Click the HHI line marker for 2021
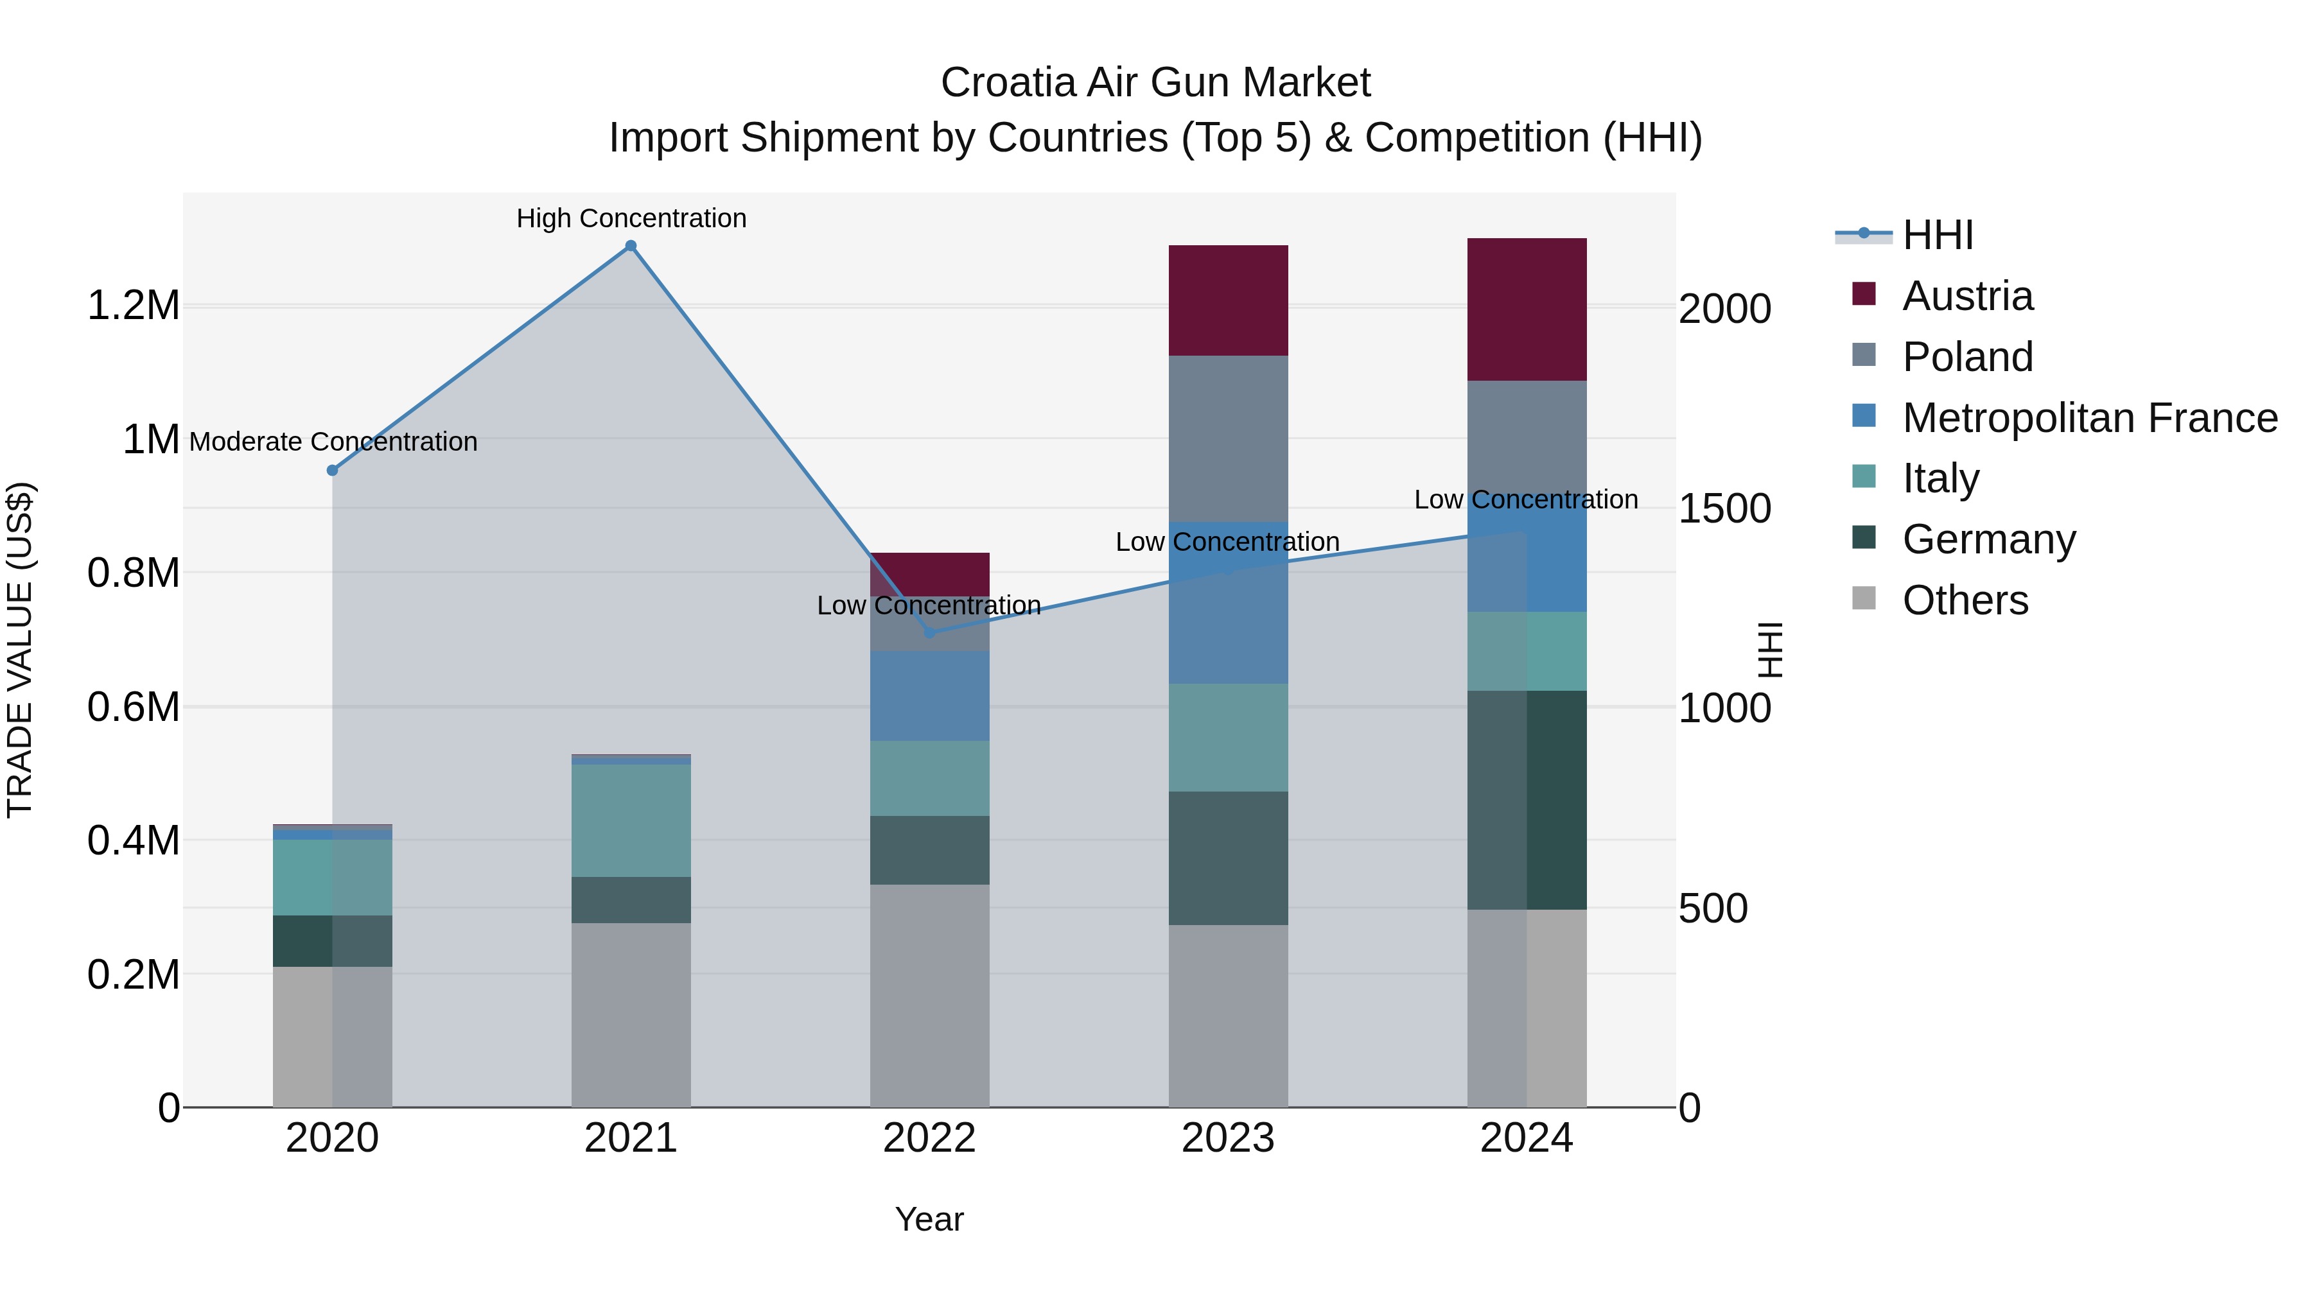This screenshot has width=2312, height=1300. pos(631,246)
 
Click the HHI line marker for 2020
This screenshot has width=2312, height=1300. pos(332,470)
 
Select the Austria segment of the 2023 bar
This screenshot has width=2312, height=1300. pos(1228,300)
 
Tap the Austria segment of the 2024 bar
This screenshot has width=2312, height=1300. pos(1527,309)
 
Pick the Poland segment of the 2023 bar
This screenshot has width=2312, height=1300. pos(1228,438)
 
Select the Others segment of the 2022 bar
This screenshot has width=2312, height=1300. pos(929,996)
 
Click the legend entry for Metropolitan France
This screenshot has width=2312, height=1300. pos(2089,418)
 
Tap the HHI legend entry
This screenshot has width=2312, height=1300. pos(1937,235)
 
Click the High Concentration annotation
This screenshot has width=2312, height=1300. pos(631,218)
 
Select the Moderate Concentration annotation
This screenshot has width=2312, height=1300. pos(333,442)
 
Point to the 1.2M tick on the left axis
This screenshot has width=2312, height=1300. pos(133,306)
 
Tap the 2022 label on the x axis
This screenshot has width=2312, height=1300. pos(929,1138)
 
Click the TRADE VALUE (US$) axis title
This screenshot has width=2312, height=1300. pos(20,650)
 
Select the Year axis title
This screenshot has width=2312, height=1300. pos(929,1219)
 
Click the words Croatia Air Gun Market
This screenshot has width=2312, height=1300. pos(1155,83)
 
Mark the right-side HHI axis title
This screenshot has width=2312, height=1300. pos(1769,650)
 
